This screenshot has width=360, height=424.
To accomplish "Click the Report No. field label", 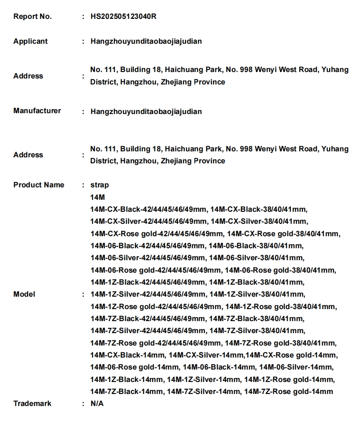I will click(33, 17).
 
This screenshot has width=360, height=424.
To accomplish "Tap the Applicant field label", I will click(30, 42).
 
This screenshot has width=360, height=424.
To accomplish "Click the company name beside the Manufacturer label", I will click(146, 111).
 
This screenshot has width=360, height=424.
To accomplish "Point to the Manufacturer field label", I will click(37, 111).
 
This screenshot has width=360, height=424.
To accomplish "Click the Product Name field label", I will click(39, 185).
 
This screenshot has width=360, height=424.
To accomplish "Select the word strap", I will click(100, 185).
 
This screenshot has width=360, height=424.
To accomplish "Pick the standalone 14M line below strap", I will click(97, 198).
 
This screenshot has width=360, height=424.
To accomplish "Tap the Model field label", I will click(24, 295).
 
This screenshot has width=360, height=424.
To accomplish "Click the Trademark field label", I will click(32, 403).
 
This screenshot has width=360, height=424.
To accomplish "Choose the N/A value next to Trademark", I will click(97, 403).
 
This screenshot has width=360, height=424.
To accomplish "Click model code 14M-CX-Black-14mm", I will click(127, 355).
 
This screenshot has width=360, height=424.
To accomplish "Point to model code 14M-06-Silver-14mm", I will click(296, 367).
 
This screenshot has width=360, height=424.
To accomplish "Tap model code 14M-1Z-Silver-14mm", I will click(204, 379).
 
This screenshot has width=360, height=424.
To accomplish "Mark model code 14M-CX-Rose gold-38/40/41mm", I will click(284, 234).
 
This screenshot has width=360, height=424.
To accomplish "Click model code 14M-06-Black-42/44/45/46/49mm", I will click(148, 246).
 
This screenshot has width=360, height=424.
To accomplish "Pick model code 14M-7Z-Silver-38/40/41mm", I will click(257, 331).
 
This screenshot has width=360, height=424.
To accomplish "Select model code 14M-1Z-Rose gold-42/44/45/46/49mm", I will click(156, 307).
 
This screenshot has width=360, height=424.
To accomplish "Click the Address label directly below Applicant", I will click(28, 76).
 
